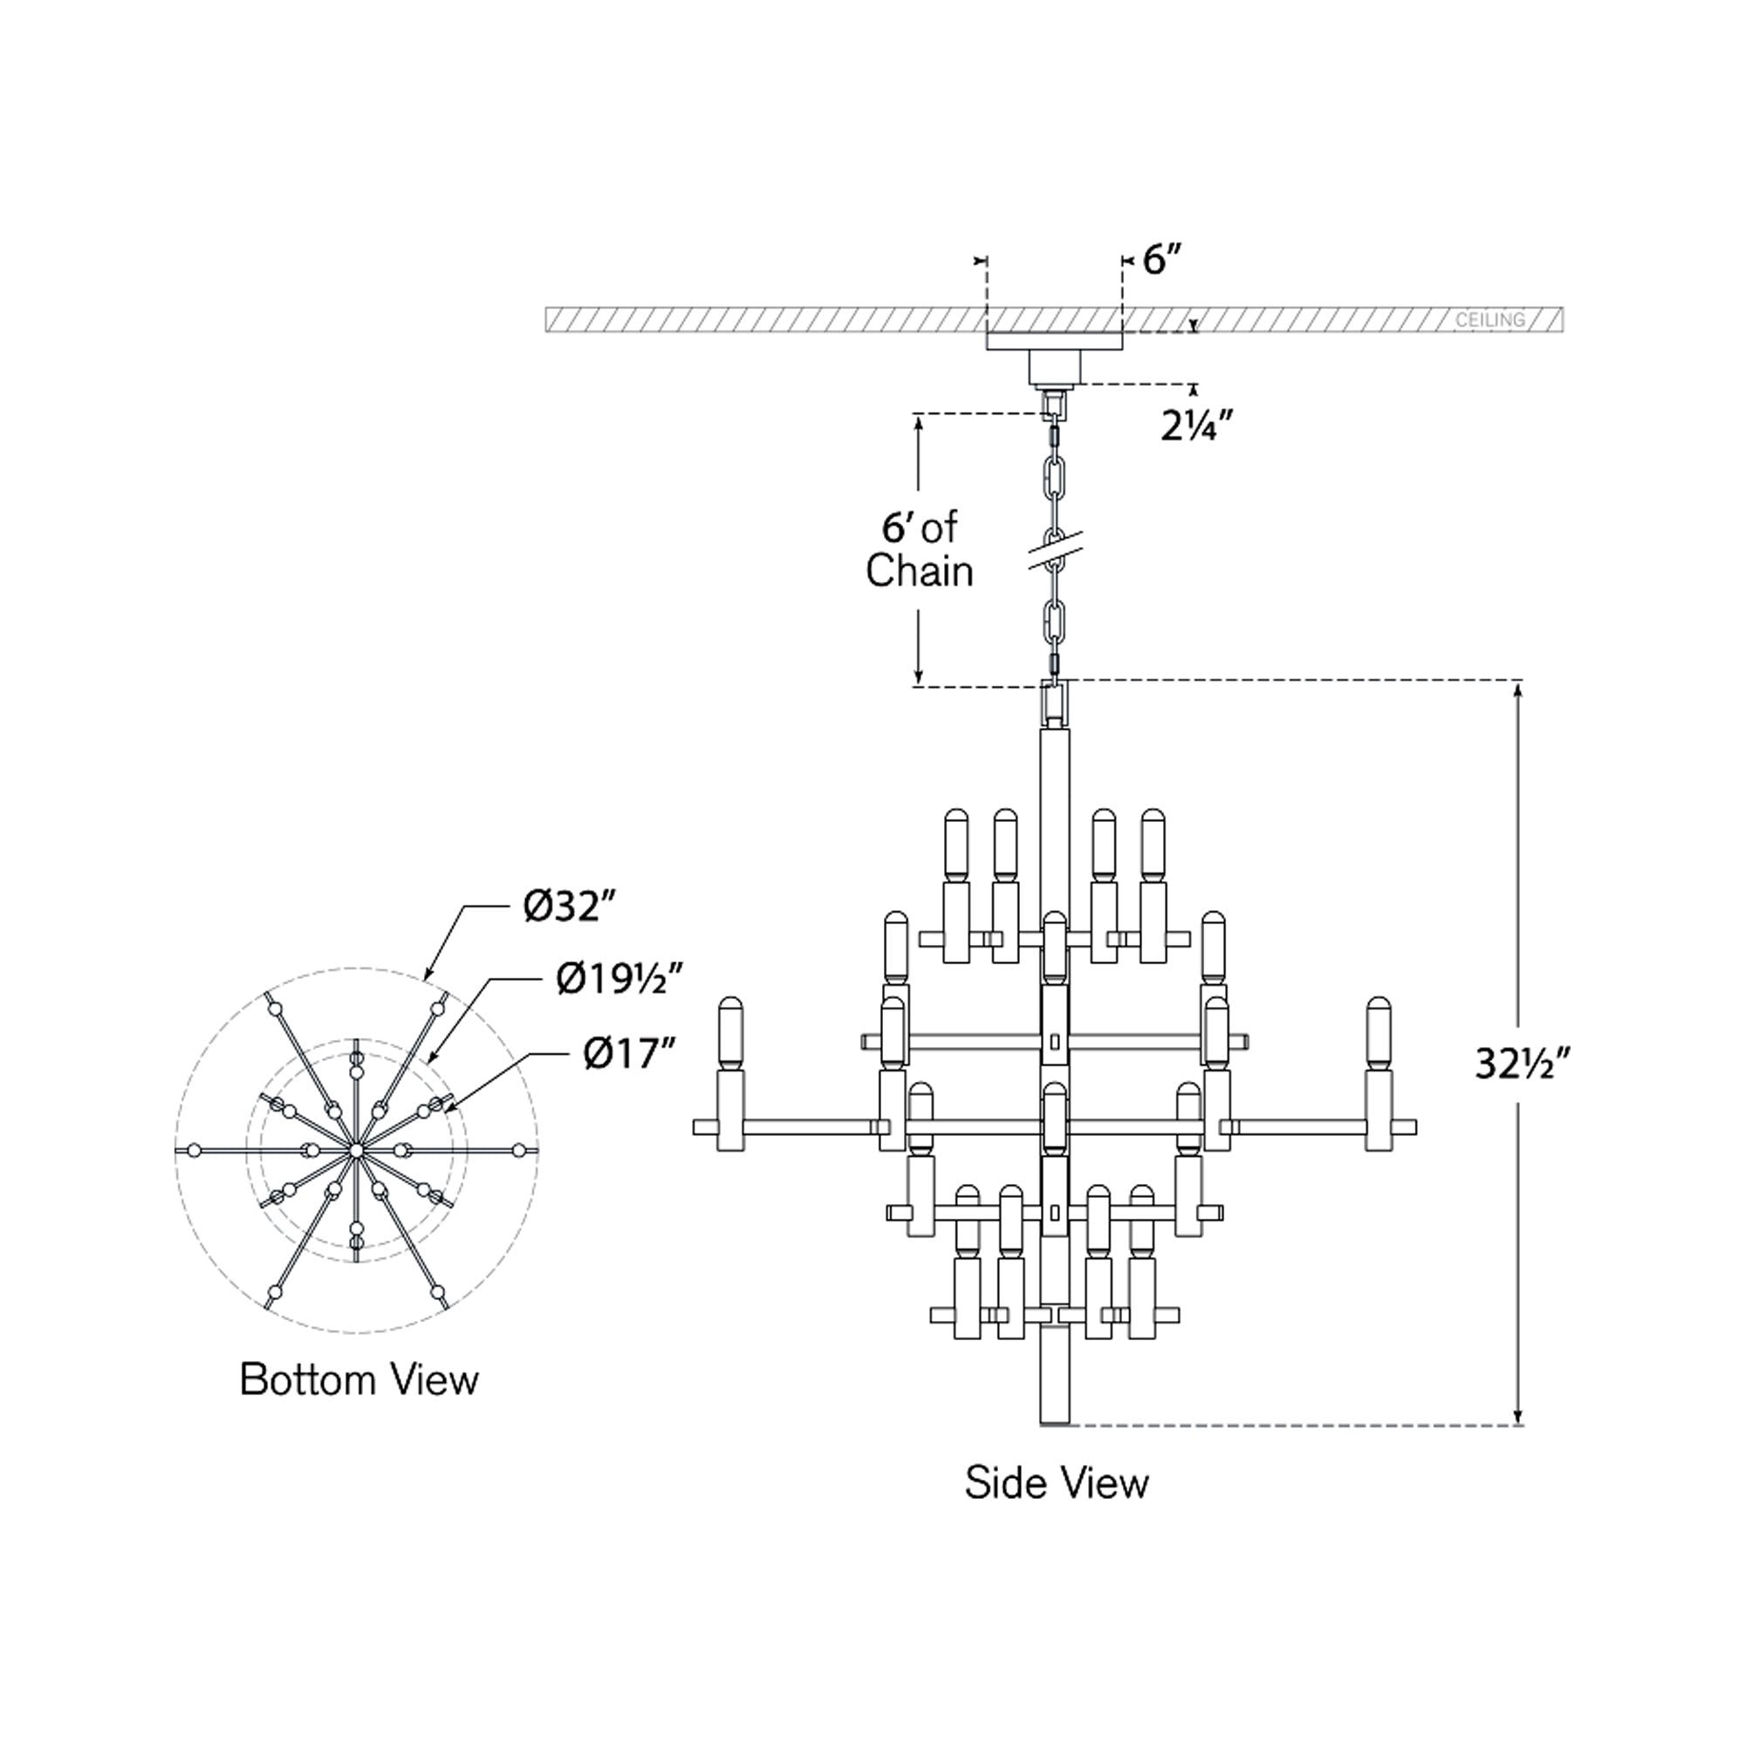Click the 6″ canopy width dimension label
1161,261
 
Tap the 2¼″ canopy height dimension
1197,426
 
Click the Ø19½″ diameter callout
619,978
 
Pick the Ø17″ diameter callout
630,1053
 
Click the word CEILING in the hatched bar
1489,319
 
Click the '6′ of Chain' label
920,549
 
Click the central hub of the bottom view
356,1150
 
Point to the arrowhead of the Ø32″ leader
428,976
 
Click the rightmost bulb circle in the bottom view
517,1150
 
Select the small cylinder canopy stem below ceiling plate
1055,366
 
